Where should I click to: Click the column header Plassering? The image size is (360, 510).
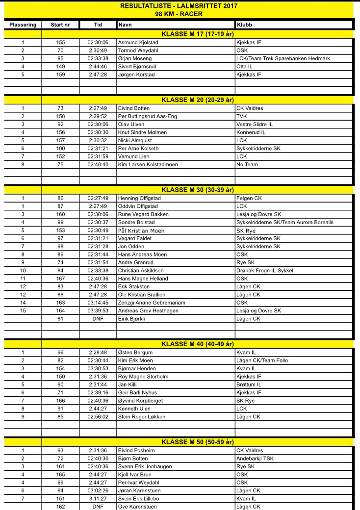click(x=23, y=24)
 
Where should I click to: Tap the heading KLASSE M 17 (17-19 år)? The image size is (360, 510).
click(x=198, y=34)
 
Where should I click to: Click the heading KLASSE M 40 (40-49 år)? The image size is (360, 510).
click(x=198, y=343)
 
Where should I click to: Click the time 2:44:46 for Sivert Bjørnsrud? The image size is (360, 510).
click(x=98, y=67)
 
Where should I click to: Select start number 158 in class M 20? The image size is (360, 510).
click(x=60, y=116)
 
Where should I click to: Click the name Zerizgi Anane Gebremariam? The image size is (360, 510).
click(x=152, y=303)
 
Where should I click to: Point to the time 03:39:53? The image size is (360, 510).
click(x=98, y=311)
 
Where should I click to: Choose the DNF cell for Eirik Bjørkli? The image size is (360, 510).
click(x=98, y=319)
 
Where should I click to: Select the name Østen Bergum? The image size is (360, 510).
click(x=135, y=353)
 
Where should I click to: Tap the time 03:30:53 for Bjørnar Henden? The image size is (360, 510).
click(x=98, y=368)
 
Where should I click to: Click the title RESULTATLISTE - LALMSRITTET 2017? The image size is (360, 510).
click(x=179, y=6)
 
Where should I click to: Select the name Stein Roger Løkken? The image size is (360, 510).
click(x=142, y=416)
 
